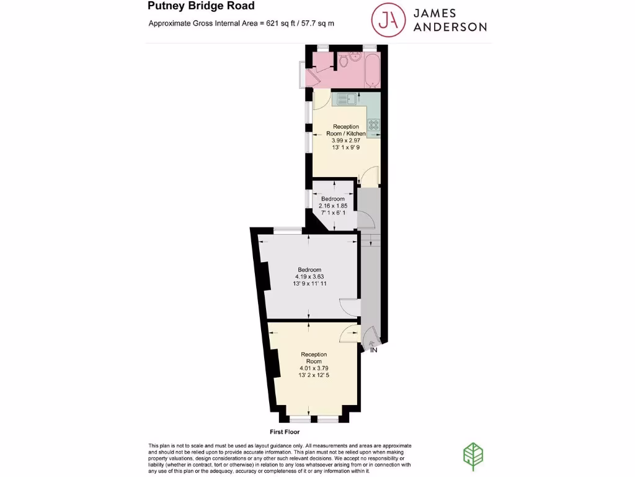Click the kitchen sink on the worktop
click(346, 98)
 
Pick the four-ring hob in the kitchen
click(374, 127)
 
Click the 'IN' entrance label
click(374, 351)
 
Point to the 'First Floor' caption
click(285, 431)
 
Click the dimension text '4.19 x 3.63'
click(310, 276)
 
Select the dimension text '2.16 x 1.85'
click(332, 206)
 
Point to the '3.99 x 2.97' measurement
click(345, 140)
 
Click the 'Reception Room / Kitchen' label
click(345, 130)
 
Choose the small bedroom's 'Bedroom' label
click(332, 199)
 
